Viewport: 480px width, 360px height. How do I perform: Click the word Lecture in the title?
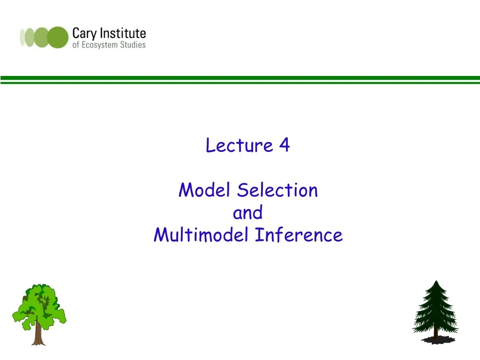coord(239,146)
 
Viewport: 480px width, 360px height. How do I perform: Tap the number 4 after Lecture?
coord(284,146)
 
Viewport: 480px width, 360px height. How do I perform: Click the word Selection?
coord(277,190)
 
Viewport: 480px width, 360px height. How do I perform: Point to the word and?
coord(247,213)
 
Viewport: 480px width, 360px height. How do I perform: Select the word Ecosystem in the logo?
coord(99,45)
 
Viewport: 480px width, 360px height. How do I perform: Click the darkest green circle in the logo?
coord(58,37)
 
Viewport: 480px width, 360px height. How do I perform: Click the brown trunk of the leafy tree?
coord(38,335)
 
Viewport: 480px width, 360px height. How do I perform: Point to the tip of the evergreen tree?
coord(436,282)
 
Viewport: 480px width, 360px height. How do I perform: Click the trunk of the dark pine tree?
coord(436,334)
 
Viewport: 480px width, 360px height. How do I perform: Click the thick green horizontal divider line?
coord(240,78)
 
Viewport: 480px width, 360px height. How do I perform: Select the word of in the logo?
coord(75,45)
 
